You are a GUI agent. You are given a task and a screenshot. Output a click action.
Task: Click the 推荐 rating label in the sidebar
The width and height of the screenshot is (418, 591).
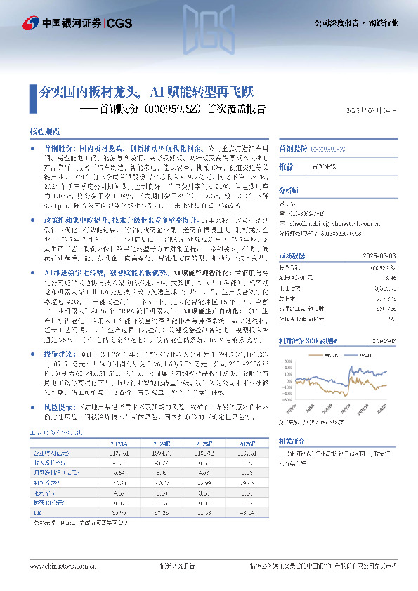click(x=286, y=167)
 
